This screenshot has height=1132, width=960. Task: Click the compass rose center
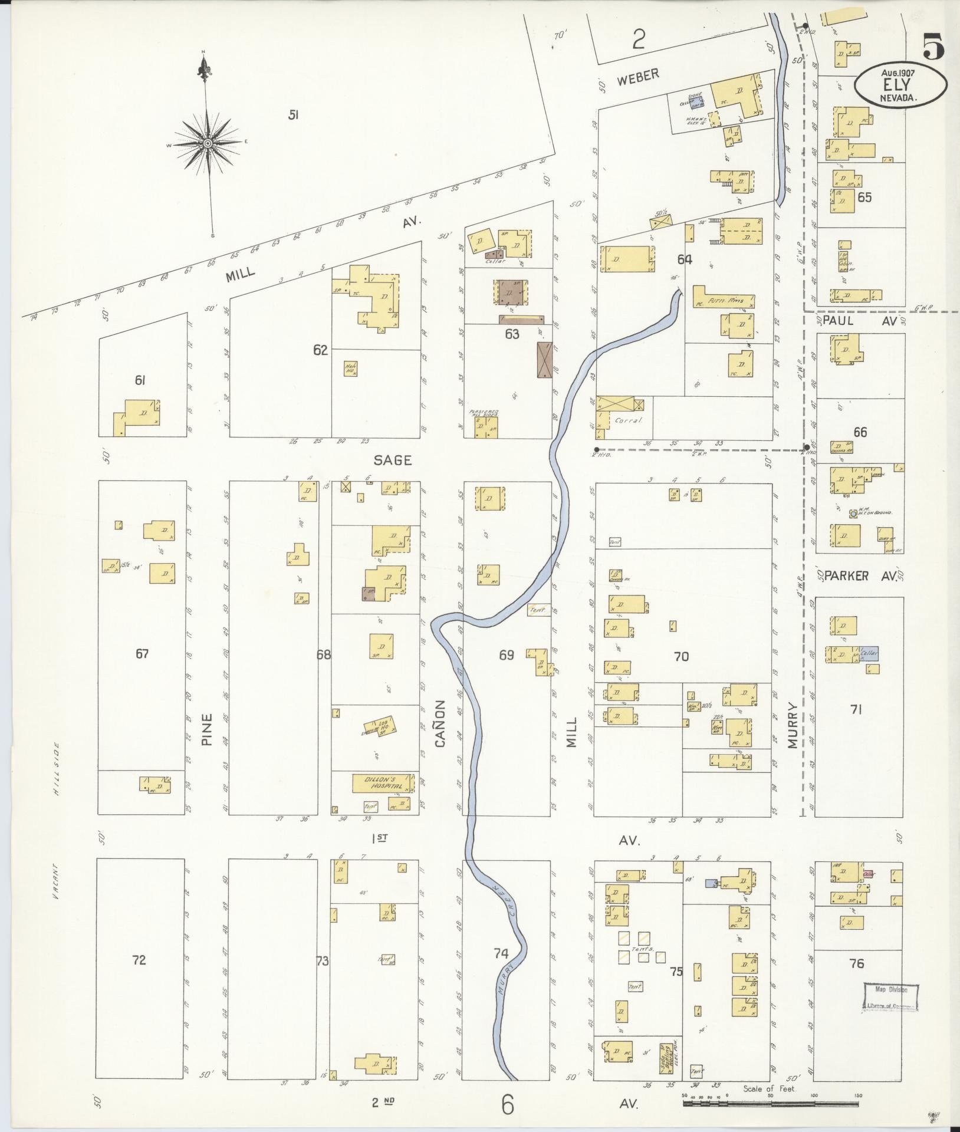tap(208, 143)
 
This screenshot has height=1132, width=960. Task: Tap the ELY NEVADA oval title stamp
tap(902, 85)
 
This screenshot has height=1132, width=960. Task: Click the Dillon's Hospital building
tap(383, 783)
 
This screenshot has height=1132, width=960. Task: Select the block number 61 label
tap(140, 381)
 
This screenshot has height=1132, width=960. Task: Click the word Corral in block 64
tap(627, 421)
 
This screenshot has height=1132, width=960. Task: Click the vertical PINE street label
tap(206, 730)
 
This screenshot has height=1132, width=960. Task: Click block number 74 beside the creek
tap(501, 969)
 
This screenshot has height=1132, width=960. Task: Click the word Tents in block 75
tap(640, 949)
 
